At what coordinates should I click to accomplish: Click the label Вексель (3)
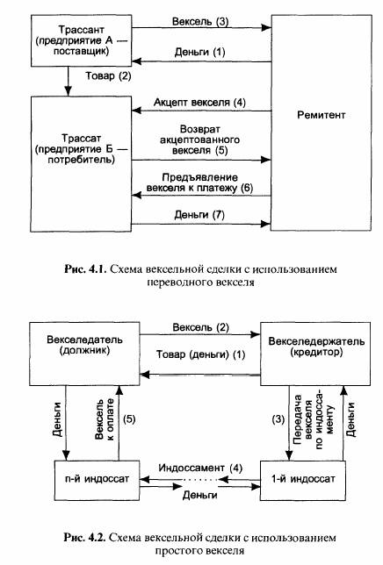click(x=200, y=22)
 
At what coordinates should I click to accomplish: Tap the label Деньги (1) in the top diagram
click(x=199, y=53)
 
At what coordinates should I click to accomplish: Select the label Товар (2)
click(x=108, y=76)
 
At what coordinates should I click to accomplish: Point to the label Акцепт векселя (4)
click(x=199, y=103)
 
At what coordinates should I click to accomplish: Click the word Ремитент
click(x=321, y=115)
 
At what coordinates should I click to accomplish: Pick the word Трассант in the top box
click(x=82, y=30)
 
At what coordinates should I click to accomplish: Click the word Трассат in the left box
click(x=81, y=138)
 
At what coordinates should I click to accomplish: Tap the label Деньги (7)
click(x=199, y=215)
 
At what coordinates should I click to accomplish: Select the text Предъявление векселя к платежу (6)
click(x=199, y=182)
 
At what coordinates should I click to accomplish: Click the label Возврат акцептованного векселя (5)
click(x=199, y=139)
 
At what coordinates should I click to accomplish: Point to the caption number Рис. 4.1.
click(x=85, y=269)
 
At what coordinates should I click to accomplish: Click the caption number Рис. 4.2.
click(x=84, y=538)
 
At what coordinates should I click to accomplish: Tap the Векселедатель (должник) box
click(x=84, y=354)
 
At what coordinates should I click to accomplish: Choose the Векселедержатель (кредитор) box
click(x=315, y=354)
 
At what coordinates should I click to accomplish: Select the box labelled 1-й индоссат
click(x=302, y=480)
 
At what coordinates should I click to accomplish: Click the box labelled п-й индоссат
click(x=97, y=480)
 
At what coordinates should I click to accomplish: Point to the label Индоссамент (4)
click(x=200, y=468)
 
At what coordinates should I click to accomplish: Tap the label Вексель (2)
click(x=200, y=327)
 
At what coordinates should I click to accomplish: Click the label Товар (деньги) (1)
click(x=200, y=354)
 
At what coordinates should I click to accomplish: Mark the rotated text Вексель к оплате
click(x=105, y=419)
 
